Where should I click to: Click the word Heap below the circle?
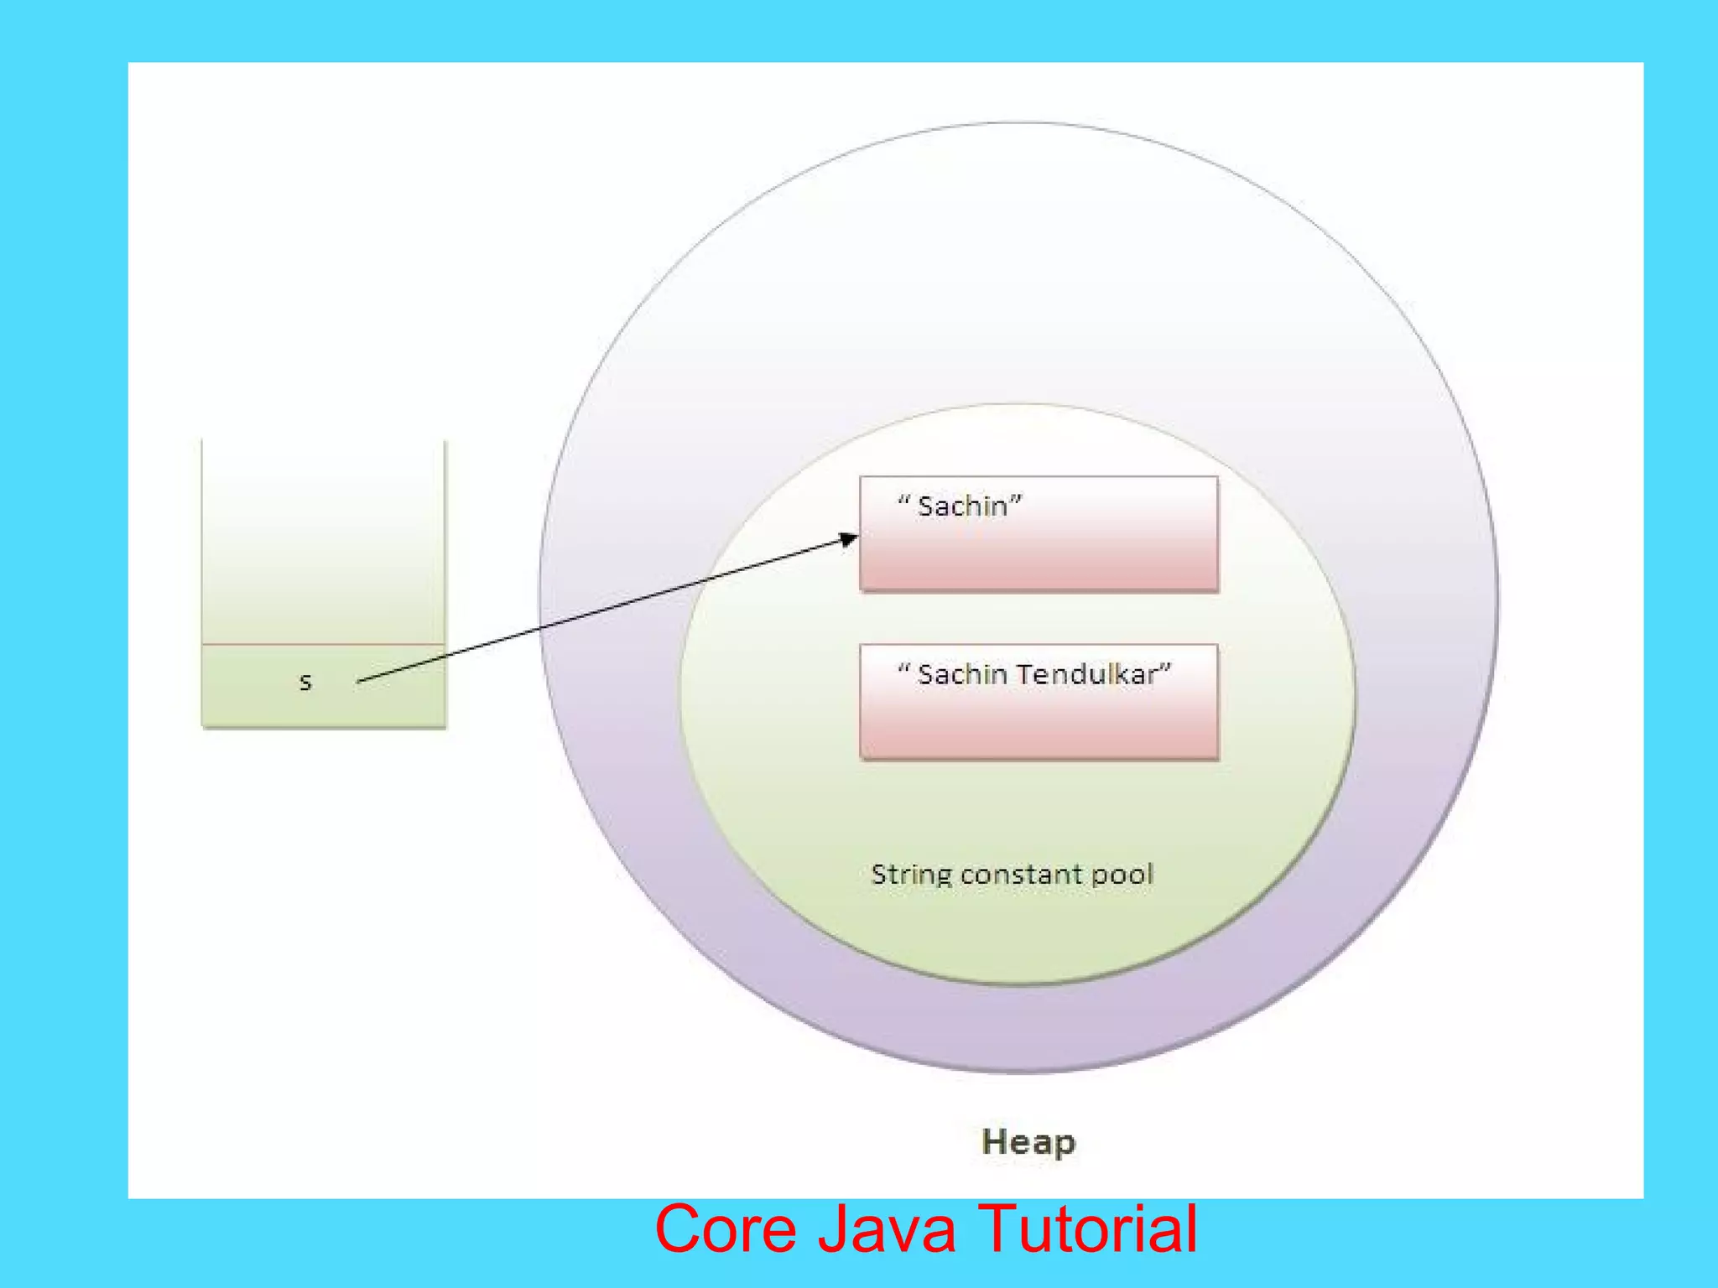point(1028,1143)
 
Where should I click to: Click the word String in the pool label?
point(912,875)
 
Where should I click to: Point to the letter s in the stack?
point(305,683)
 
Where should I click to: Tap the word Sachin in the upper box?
point(962,506)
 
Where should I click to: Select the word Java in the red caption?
point(886,1229)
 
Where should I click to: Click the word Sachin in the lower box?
point(962,674)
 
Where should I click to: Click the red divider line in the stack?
point(323,645)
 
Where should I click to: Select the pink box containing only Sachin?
point(1039,553)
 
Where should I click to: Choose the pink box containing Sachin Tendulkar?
point(1039,721)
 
